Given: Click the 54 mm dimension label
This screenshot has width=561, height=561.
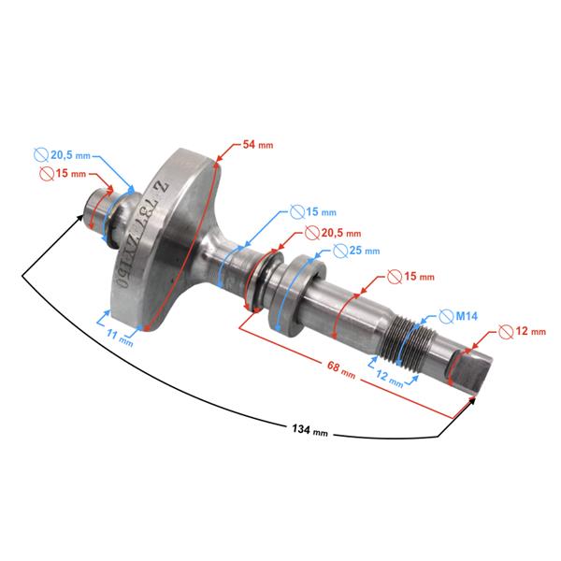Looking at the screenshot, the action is pyautogui.click(x=258, y=145).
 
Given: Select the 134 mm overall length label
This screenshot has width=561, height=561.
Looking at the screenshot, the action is pyautogui.click(x=309, y=430).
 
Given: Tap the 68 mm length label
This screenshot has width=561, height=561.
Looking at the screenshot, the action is pyautogui.click(x=341, y=369).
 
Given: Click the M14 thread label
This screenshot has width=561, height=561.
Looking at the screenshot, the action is pyautogui.click(x=467, y=316).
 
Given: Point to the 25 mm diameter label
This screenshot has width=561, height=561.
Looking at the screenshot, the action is pyautogui.click(x=365, y=251).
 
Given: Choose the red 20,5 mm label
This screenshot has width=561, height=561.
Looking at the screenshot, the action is pyautogui.click(x=341, y=233).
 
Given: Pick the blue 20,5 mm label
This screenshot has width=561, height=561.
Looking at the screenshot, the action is pyautogui.click(x=70, y=155).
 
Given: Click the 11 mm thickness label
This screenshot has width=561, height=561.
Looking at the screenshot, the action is pyautogui.click(x=120, y=338).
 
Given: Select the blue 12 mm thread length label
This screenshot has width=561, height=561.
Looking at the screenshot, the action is pyautogui.click(x=390, y=378).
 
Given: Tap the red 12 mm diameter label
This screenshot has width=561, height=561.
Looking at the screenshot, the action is pyautogui.click(x=530, y=331).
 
